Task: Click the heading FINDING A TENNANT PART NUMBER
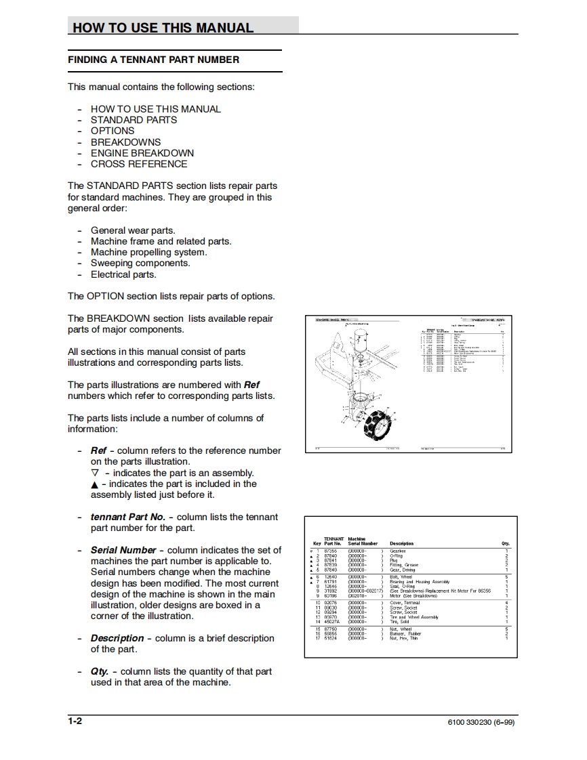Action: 153,60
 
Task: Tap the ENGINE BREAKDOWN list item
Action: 142,153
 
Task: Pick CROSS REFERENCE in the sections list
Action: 139,164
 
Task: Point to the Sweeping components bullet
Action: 140,263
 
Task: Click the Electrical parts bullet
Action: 123,274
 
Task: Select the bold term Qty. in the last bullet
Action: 100,671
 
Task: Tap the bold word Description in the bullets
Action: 117,638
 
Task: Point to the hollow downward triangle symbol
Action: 94,473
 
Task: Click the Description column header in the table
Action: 401,543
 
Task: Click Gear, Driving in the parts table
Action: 403,570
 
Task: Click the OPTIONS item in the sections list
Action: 113,131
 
